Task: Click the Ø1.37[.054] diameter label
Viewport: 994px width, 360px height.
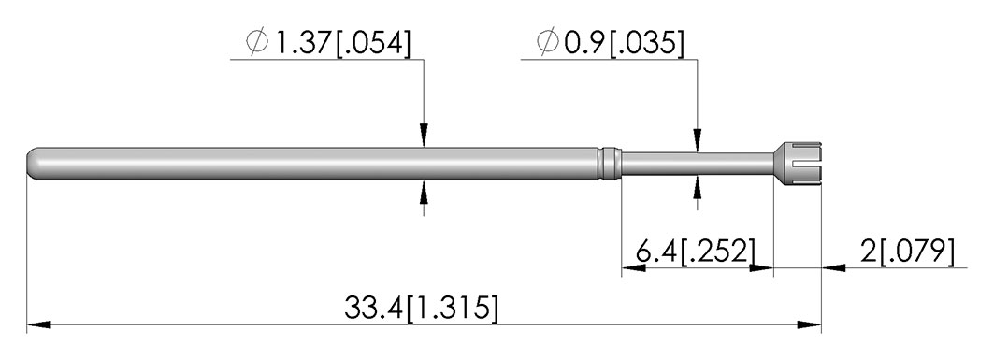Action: tap(328, 42)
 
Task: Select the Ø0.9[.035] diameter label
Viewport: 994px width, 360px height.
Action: tap(611, 42)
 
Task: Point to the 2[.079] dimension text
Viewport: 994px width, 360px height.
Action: tap(907, 252)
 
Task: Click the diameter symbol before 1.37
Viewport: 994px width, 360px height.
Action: tap(257, 42)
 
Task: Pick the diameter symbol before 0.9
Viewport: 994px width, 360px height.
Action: tap(548, 42)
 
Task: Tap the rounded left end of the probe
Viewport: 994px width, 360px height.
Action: tap(33, 164)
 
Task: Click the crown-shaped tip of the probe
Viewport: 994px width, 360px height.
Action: tap(798, 164)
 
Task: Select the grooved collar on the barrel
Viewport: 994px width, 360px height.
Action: tap(609, 164)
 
